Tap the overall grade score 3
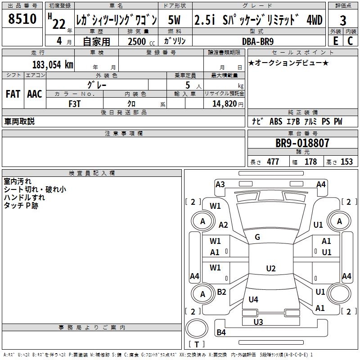click(x=343, y=21)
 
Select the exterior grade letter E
click(x=335, y=40)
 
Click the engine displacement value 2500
click(x=137, y=41)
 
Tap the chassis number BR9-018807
click(x=302, y=144)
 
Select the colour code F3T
click(x=74, y=103)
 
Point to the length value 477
click(x=273, y=162)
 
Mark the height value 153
click(x=346, y=162)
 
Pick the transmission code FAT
click(x=13, y=94)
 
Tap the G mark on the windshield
click(x=257, y=237)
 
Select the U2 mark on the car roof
click(x=270, y=269)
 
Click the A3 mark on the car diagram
click(x=220, y=184)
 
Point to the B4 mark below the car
click(x=221, y=333)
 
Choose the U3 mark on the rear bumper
click(x=258, y=322)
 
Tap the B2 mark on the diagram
click(x=221, y=292)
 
